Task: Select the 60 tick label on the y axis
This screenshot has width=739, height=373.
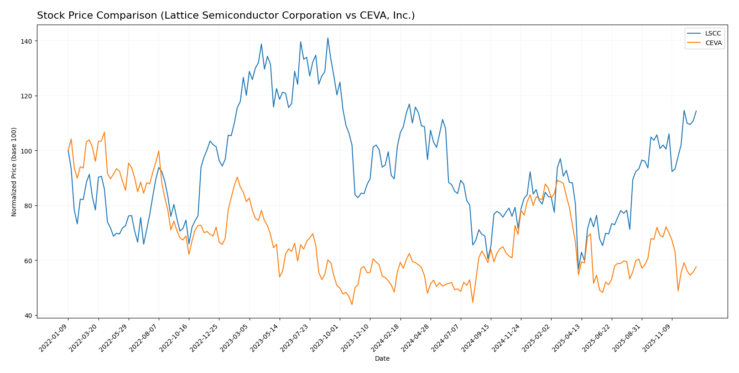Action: (28, 261)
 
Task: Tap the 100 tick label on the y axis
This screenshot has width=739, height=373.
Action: (26, 151)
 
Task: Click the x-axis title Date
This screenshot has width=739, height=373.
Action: (382, 359)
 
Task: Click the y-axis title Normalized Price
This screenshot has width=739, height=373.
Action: (14, 172)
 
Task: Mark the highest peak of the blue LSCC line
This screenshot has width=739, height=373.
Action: (328, 38)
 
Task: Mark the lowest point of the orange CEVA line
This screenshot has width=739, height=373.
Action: (352, 305)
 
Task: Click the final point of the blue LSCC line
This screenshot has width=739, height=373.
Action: (696, 111)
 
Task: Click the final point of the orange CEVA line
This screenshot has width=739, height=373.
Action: (696, 267)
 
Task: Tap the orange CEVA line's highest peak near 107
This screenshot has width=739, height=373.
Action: (104, 133)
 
